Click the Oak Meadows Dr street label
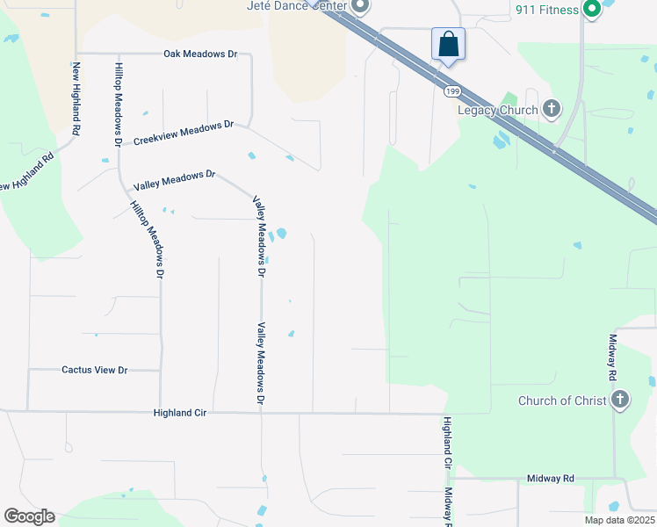[x=200, y=54]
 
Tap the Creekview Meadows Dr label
[x=183, y=133]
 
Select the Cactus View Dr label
[x=95, y=370]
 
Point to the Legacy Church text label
[x=497, y=110]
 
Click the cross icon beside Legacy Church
[x=552, y=109]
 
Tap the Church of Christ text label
[x=562, y=401]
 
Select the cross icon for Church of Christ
[x=620, y=400]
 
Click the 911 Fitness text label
[x=546, y=10]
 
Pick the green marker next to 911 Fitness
[x=592, y=9]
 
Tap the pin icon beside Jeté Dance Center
[x=359, y=5]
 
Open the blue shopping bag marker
[x=448, y=43]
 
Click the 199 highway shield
[x=452, y=91]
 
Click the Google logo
[x=29, y=516]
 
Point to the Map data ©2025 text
[x=618, y=520]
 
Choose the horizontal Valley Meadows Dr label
[x=174, y=181]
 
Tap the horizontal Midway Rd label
[x=550, y=479]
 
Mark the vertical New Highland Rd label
[x=77, y=98]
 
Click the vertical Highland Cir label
[x=447, y=443]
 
